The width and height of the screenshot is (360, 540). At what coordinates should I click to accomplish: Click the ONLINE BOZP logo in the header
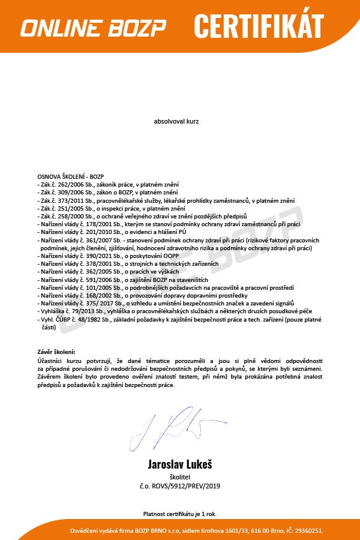[93, 28]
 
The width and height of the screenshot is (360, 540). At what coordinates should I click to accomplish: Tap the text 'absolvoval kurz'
[176, 121]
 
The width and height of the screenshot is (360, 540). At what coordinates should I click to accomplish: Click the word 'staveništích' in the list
[172, 280]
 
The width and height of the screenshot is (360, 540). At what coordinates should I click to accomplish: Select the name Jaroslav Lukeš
[179, 464]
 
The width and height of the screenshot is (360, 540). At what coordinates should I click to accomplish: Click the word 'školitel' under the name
[179, 476]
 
